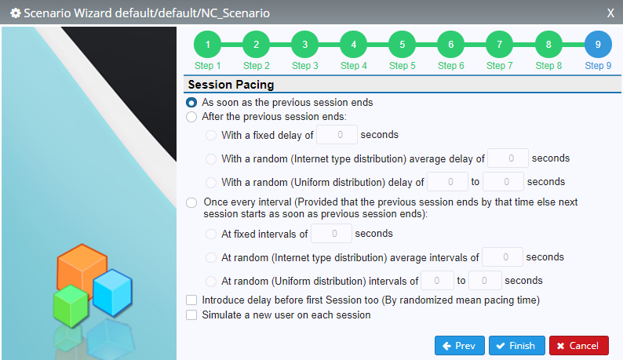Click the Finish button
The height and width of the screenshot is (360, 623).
pyautogui.click(x=516, y=346)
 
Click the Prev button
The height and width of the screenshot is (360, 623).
pyautogui.click(x=459, y=346)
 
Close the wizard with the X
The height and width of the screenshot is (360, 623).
pyautogui.click(x=610, y=13)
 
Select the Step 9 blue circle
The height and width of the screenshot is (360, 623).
pyautogui.click(x=598, y=45)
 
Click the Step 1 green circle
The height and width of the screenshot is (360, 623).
pyautogui.click(x=207, y=45)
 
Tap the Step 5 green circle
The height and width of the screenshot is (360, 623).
pyautogui.click(x=402, y=45)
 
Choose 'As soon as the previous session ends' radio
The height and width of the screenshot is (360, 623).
pyautogui.click(x=191, y=103)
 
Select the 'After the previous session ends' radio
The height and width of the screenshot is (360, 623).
pyautogui.click(x=191, y=117)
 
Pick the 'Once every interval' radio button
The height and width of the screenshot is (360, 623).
pyautogui.click(x=191, y=202)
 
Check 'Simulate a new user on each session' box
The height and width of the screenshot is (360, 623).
pyautogui.click(x=191, y=315)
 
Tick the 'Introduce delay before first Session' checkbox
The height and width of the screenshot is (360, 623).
pyautogui.click(x=191, y=300)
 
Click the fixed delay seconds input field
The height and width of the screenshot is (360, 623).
pyautogui.click(x=337, y=135)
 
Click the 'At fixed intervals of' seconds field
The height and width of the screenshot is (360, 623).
pyautogui.click(x=331, y=234)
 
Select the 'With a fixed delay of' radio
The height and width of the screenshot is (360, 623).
pyautogui.click(x=211, y=135)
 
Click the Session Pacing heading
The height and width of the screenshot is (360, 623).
pyautogui.click(x=231, y=85)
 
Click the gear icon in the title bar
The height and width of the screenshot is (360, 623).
pyautogui.click(x=16, y=13)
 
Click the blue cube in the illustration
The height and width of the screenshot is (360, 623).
pyautogui.click(x=112, y=293)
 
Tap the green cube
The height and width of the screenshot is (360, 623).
pyautogui.click(x=71, y=306)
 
